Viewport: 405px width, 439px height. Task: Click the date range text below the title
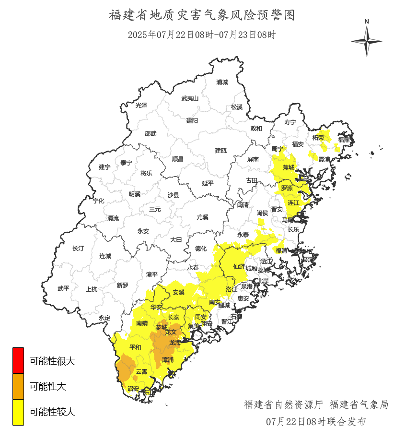tap(202, 35)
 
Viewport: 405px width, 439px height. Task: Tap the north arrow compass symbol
tap(367, 41)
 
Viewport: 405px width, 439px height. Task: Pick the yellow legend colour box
tap(18, 412)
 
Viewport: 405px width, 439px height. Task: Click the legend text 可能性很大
tap(52, 361)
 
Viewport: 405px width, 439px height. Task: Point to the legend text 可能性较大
tap(52, 412)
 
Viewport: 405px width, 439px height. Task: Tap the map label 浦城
tap(222, 82)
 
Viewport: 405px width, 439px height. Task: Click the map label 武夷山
tap(190, 98)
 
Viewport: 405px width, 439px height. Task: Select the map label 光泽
tap(141, 105)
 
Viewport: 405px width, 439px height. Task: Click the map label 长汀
tap(78, 249)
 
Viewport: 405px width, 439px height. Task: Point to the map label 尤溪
tap(202, 217)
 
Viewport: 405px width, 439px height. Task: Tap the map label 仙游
tap(239, 266)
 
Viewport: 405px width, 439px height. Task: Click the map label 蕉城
tap(289, 167)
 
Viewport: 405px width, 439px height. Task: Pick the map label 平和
tap(135, 347)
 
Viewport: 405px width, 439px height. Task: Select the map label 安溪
tap(178, 292)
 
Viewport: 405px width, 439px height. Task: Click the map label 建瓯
tap(220, 150)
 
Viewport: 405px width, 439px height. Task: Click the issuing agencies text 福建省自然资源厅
tap(284, 405)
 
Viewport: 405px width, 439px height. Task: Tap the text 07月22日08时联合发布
tap(316, 422)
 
